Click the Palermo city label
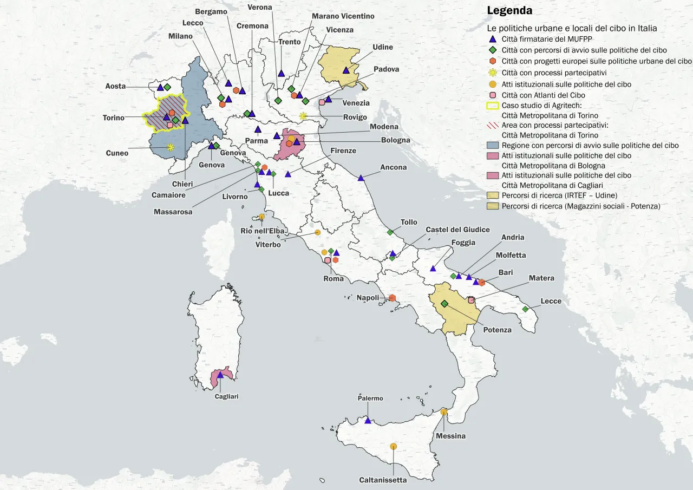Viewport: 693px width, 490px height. tap(370, 398)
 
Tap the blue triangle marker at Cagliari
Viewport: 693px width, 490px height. tap(220, 375)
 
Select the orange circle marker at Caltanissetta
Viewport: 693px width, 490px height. tap(394, 447)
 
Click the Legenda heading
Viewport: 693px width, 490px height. tap(509, 10)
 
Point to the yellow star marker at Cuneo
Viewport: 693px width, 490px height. tap(171, 147)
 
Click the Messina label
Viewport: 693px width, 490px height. tap(451, 436)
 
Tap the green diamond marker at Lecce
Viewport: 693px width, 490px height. tap(525, 309)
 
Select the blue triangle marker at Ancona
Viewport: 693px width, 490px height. tap(361, 178)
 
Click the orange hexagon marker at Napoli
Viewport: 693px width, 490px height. tap(392, 298)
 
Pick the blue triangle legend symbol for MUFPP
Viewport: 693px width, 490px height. tap(493, 40)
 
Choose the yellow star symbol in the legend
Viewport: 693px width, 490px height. tap(493, 73)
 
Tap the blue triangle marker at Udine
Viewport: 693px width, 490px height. tap(346, 70)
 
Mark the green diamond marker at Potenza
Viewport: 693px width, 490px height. tap(444, 304)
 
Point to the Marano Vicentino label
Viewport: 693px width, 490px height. tap(343, 16)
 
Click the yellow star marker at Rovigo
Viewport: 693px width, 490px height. tap(303, 116)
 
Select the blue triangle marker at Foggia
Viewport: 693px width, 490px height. tap(433, 269)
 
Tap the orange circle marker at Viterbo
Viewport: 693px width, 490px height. tap(318, 232)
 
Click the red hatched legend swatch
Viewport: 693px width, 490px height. tap(493, 125)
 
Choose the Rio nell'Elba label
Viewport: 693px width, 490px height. tap(263, 231)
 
